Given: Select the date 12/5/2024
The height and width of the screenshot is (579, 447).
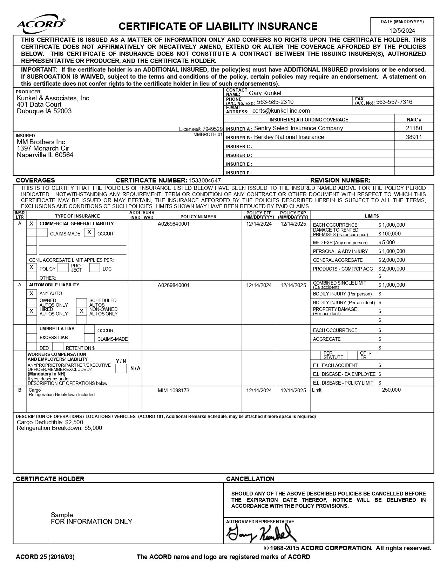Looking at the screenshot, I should (x=402, y=31).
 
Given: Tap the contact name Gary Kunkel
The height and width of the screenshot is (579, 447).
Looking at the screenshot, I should (x=265, y=93).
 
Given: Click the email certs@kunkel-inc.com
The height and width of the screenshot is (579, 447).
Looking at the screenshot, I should (x=281, y=111).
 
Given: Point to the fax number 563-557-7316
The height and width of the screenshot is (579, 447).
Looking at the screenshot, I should (x=394, y=102).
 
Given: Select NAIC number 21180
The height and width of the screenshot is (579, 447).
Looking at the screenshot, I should (x=414, y=128).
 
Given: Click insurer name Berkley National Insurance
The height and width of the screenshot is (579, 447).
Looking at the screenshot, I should (x=289, y=137).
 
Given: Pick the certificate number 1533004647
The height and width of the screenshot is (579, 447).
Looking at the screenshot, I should (x=205, y=180).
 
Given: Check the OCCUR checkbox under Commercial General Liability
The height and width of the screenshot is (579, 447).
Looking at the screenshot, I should (x=89, y=232).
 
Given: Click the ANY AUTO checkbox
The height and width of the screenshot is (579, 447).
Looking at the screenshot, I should (x=32, y=293).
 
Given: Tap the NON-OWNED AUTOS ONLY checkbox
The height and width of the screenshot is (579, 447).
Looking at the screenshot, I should (x=81, y=311).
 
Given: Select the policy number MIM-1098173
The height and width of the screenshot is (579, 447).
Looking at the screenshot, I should (x=174, y=391).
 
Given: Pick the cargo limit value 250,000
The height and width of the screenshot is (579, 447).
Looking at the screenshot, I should (x=391, y=390).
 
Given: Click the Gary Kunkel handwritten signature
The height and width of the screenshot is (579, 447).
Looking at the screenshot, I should (x=261, y=534).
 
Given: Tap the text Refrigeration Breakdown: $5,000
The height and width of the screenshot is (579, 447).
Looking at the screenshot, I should (x=59, y=428).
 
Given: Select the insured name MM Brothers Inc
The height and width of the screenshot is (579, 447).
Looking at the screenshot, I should (x=41, y=142).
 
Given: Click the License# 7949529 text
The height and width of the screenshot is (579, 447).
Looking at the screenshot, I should (x=201, y=129).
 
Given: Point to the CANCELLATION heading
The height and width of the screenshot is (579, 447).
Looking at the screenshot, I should (x=250, y=479).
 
